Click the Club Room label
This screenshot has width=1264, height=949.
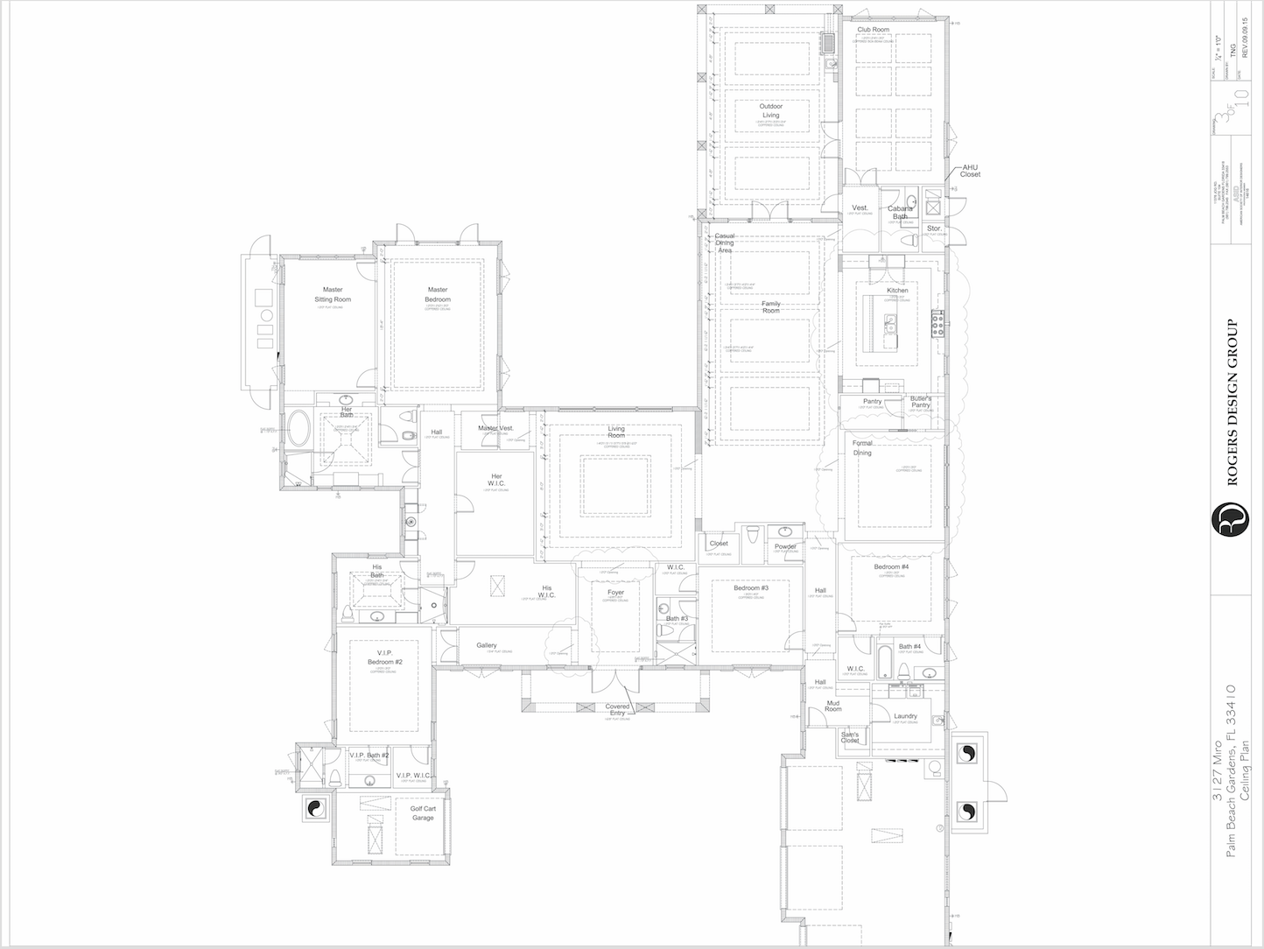coord(873,30)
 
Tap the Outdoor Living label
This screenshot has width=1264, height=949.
coord(770,110)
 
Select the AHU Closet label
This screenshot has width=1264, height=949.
coord(970,170)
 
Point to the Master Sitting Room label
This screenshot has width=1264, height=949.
coord(332,294)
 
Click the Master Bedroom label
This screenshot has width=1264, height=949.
coord(438,294)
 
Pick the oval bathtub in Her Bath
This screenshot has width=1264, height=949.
coord(299,429)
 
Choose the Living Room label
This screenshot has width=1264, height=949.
coord(616,432)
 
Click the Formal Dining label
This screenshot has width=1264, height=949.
coord(862,448)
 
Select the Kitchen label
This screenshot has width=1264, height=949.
coord(897,291)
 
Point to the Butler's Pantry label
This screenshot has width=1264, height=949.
coord(920,402)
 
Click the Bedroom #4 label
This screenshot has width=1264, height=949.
coord(891,567)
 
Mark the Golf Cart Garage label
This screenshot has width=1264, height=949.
coord(423,812)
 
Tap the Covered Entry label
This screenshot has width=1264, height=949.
coord(617,710)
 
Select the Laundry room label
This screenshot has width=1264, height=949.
coord(905,716)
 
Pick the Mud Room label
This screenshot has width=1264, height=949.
coord(834,706)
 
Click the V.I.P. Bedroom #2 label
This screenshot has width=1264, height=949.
coord(384,657)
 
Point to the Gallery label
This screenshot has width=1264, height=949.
coord(487,645)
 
